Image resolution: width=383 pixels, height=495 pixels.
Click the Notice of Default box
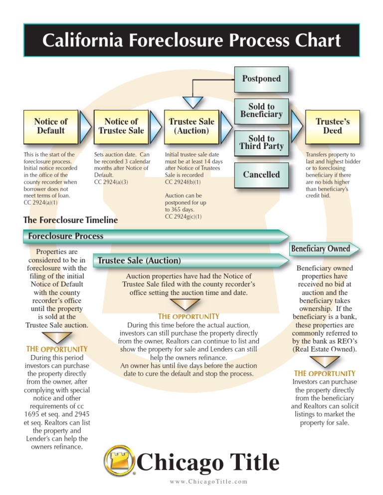pyautogui.click(x=50, y=126)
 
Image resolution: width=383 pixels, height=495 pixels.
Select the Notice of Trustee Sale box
pyautogui.click(x=121, y=126)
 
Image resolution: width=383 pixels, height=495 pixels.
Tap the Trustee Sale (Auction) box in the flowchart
pyautogui.click(x=191, y=126)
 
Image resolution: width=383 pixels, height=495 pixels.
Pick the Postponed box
pyautogui.click(x=261, y=79)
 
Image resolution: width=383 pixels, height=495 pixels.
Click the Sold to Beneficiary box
pyautogui.click(x=261, y=111)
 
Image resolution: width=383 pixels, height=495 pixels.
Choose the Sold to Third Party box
pyautogui.click(x=261, y=142)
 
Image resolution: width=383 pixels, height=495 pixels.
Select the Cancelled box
pyautogui.click(x=261, y=175)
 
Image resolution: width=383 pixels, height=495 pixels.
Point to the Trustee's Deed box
pyautogui.click(x=333, y=126)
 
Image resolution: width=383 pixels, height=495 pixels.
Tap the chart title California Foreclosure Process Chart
pyautogui.click(x=191, y=40)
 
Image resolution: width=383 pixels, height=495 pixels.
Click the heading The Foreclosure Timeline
pyautogui.click(x=71, y=220)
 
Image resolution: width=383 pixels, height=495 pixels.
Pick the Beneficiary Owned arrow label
pyautogui.click(x=321, y=248)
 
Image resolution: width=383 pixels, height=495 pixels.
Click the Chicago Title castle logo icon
pyautogui.click(x=118, y=461)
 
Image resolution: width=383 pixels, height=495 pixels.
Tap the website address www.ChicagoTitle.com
pyautogui.click(x=208, y=481)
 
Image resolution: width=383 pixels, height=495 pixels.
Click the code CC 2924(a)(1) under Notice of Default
pyautogui.click(x=41, y=203)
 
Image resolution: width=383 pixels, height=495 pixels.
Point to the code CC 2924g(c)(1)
pyautogui.click(x=183, y=217)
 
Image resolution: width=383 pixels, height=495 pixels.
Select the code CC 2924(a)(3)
pyautogui.click(x=111, y=182)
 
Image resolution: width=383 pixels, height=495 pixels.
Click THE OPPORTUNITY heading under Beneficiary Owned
pyautogui.click(x=325, y=373)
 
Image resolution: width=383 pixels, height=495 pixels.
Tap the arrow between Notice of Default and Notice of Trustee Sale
pyautogui.click(x=86, y=126)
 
